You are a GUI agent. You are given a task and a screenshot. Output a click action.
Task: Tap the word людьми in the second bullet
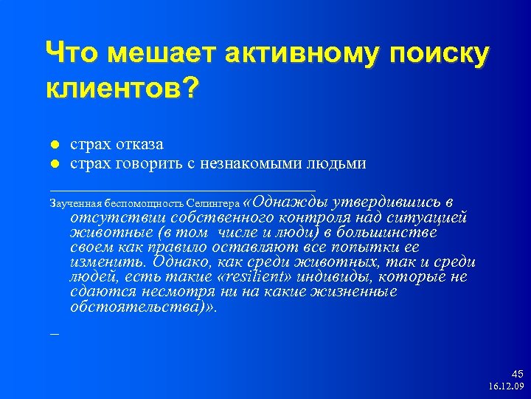click(338, 163)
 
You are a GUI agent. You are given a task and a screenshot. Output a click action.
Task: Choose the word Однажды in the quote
click(289, 201)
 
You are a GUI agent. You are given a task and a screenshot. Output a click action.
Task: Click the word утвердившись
click(386, 201)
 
